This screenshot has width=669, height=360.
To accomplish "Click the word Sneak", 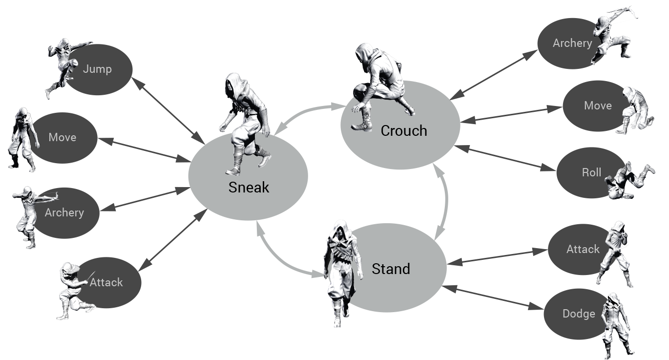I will coord(249,188).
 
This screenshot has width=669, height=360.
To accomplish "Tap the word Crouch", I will coord(404,131).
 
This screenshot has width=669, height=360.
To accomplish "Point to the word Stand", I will coord(391,269).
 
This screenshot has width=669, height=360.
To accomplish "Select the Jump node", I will coord(97,69).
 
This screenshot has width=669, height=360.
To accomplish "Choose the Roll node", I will coord(591,173).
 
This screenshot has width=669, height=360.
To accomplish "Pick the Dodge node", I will coord(579,314).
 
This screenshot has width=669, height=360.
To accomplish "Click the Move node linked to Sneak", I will coord(63,138).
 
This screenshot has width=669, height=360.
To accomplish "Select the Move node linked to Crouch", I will coord(597,106).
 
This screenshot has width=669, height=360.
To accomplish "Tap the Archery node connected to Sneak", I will coord(64,213).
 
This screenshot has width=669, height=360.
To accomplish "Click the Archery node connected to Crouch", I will coord(572,43).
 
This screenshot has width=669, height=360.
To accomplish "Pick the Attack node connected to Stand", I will coord(583,250).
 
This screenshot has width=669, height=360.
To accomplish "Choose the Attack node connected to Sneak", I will coord(106,282).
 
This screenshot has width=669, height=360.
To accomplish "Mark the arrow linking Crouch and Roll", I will coord(508,158).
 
